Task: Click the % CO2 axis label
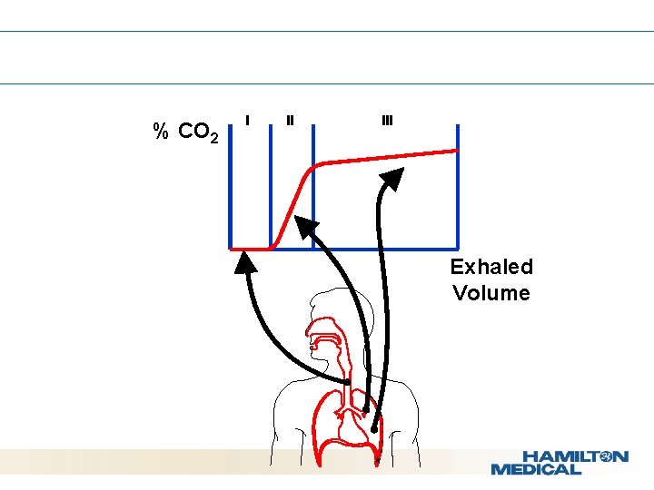coord(186,132)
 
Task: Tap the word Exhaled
coord(491,267)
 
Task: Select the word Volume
coord(491,293)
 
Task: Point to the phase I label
coord(248,118)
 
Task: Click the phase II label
coord(290,119)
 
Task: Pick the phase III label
coord(387,120)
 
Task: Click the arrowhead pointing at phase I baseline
coord(245,261)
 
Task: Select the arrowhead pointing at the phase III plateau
coord(391,178)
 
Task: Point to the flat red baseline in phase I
coord(250,248)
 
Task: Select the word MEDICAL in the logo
coord(536,469)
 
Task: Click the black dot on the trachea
coord(347,382)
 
